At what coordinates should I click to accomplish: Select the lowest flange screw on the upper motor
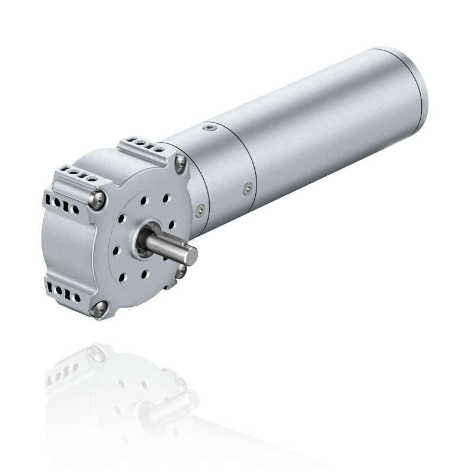coord(100,306)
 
